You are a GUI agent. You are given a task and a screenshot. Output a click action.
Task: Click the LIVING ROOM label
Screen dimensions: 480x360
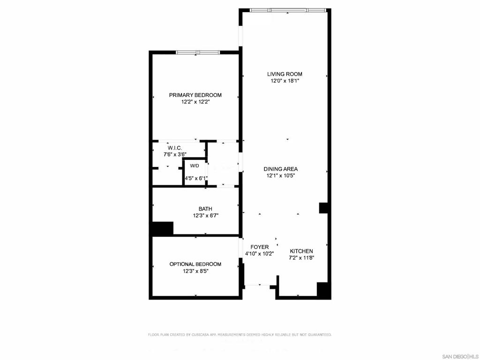tap(285, 74)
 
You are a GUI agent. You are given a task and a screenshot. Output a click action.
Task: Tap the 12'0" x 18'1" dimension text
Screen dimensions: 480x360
tap(285, 81)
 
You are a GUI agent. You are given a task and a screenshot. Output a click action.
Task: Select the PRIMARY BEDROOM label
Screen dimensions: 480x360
tap(195, 95)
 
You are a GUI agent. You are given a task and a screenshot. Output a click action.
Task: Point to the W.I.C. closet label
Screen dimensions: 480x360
tap(175, 148)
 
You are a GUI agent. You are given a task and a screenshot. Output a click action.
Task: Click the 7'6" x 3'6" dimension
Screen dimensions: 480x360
tap(175, 155)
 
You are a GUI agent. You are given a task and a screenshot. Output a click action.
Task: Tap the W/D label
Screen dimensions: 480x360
tap(195, 166)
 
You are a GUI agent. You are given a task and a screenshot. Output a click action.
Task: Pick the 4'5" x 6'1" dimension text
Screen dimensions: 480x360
tap(196, 178)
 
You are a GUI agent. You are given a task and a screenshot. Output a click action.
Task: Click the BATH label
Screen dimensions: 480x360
tap(205, 209)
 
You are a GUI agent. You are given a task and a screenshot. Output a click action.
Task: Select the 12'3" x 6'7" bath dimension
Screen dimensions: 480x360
tap(205, 216)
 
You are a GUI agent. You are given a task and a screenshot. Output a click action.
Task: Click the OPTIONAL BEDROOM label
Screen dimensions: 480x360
tap(195, 264)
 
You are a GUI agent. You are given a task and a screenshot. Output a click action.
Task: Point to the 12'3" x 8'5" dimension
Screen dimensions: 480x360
tap(195, 271)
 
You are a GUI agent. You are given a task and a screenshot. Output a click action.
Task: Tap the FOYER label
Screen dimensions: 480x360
tap(260, 247)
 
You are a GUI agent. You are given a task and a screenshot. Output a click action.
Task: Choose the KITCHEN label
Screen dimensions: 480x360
tap(301, 251)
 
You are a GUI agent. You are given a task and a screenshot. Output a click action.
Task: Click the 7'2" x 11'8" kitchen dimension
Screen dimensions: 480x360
tap(301, 258)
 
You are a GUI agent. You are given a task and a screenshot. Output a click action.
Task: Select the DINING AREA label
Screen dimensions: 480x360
tap(281, 169)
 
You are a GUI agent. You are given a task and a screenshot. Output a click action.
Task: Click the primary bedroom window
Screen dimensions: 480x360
tap(198, 52)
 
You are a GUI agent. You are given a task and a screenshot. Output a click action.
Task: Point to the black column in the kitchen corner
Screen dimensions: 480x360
tap(323, 290)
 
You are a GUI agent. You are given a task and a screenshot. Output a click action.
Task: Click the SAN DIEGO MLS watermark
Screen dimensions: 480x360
tap(460, 357)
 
